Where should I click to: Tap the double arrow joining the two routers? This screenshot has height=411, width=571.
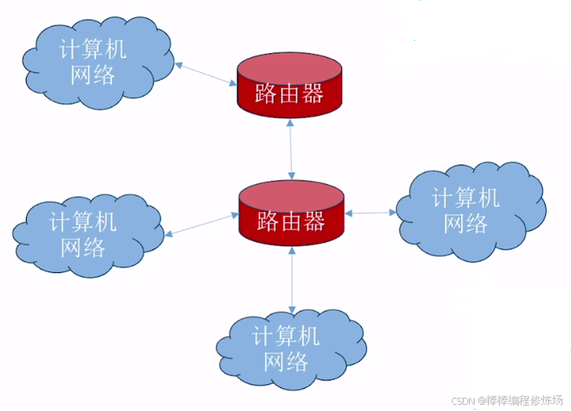291,149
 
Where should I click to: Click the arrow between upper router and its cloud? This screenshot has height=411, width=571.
206,74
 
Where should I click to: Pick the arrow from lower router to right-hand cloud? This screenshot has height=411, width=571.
371,213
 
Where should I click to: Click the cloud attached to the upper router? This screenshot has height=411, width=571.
93,61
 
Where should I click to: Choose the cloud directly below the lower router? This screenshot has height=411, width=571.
289,350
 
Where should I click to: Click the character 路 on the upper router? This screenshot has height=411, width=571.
266,95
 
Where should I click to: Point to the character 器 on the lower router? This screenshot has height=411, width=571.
315,222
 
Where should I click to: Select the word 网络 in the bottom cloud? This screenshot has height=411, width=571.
285,362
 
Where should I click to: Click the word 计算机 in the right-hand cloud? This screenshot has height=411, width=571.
466,197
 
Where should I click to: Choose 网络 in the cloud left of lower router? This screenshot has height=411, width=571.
83,247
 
